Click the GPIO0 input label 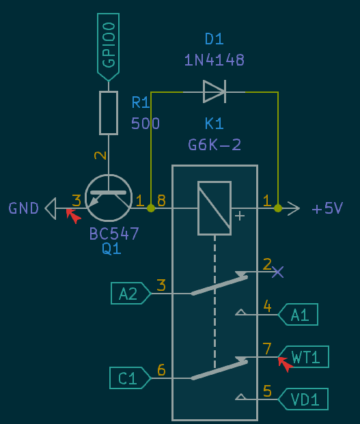(x=109, y=44)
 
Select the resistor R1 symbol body (x=109, y=113)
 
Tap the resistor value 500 (x=146, y=124)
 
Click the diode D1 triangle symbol (x=214, y=91)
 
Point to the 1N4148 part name (x=214, y=60)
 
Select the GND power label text (x=24, y=208)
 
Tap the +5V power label (x=327, y=209)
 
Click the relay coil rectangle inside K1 (x=214, y=208)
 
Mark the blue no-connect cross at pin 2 (x=277, y=272)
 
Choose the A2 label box (x=130, y=294)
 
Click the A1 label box (x=299, y=314)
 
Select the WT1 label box (x=304, y=356)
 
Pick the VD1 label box (x=304, y=399)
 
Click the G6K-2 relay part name (x=214, y=145)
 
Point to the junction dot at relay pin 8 (x=151, y=208)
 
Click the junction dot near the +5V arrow (x=278, y=208)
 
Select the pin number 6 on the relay (x=161, y=370)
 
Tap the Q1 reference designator (x=111, y=249)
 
